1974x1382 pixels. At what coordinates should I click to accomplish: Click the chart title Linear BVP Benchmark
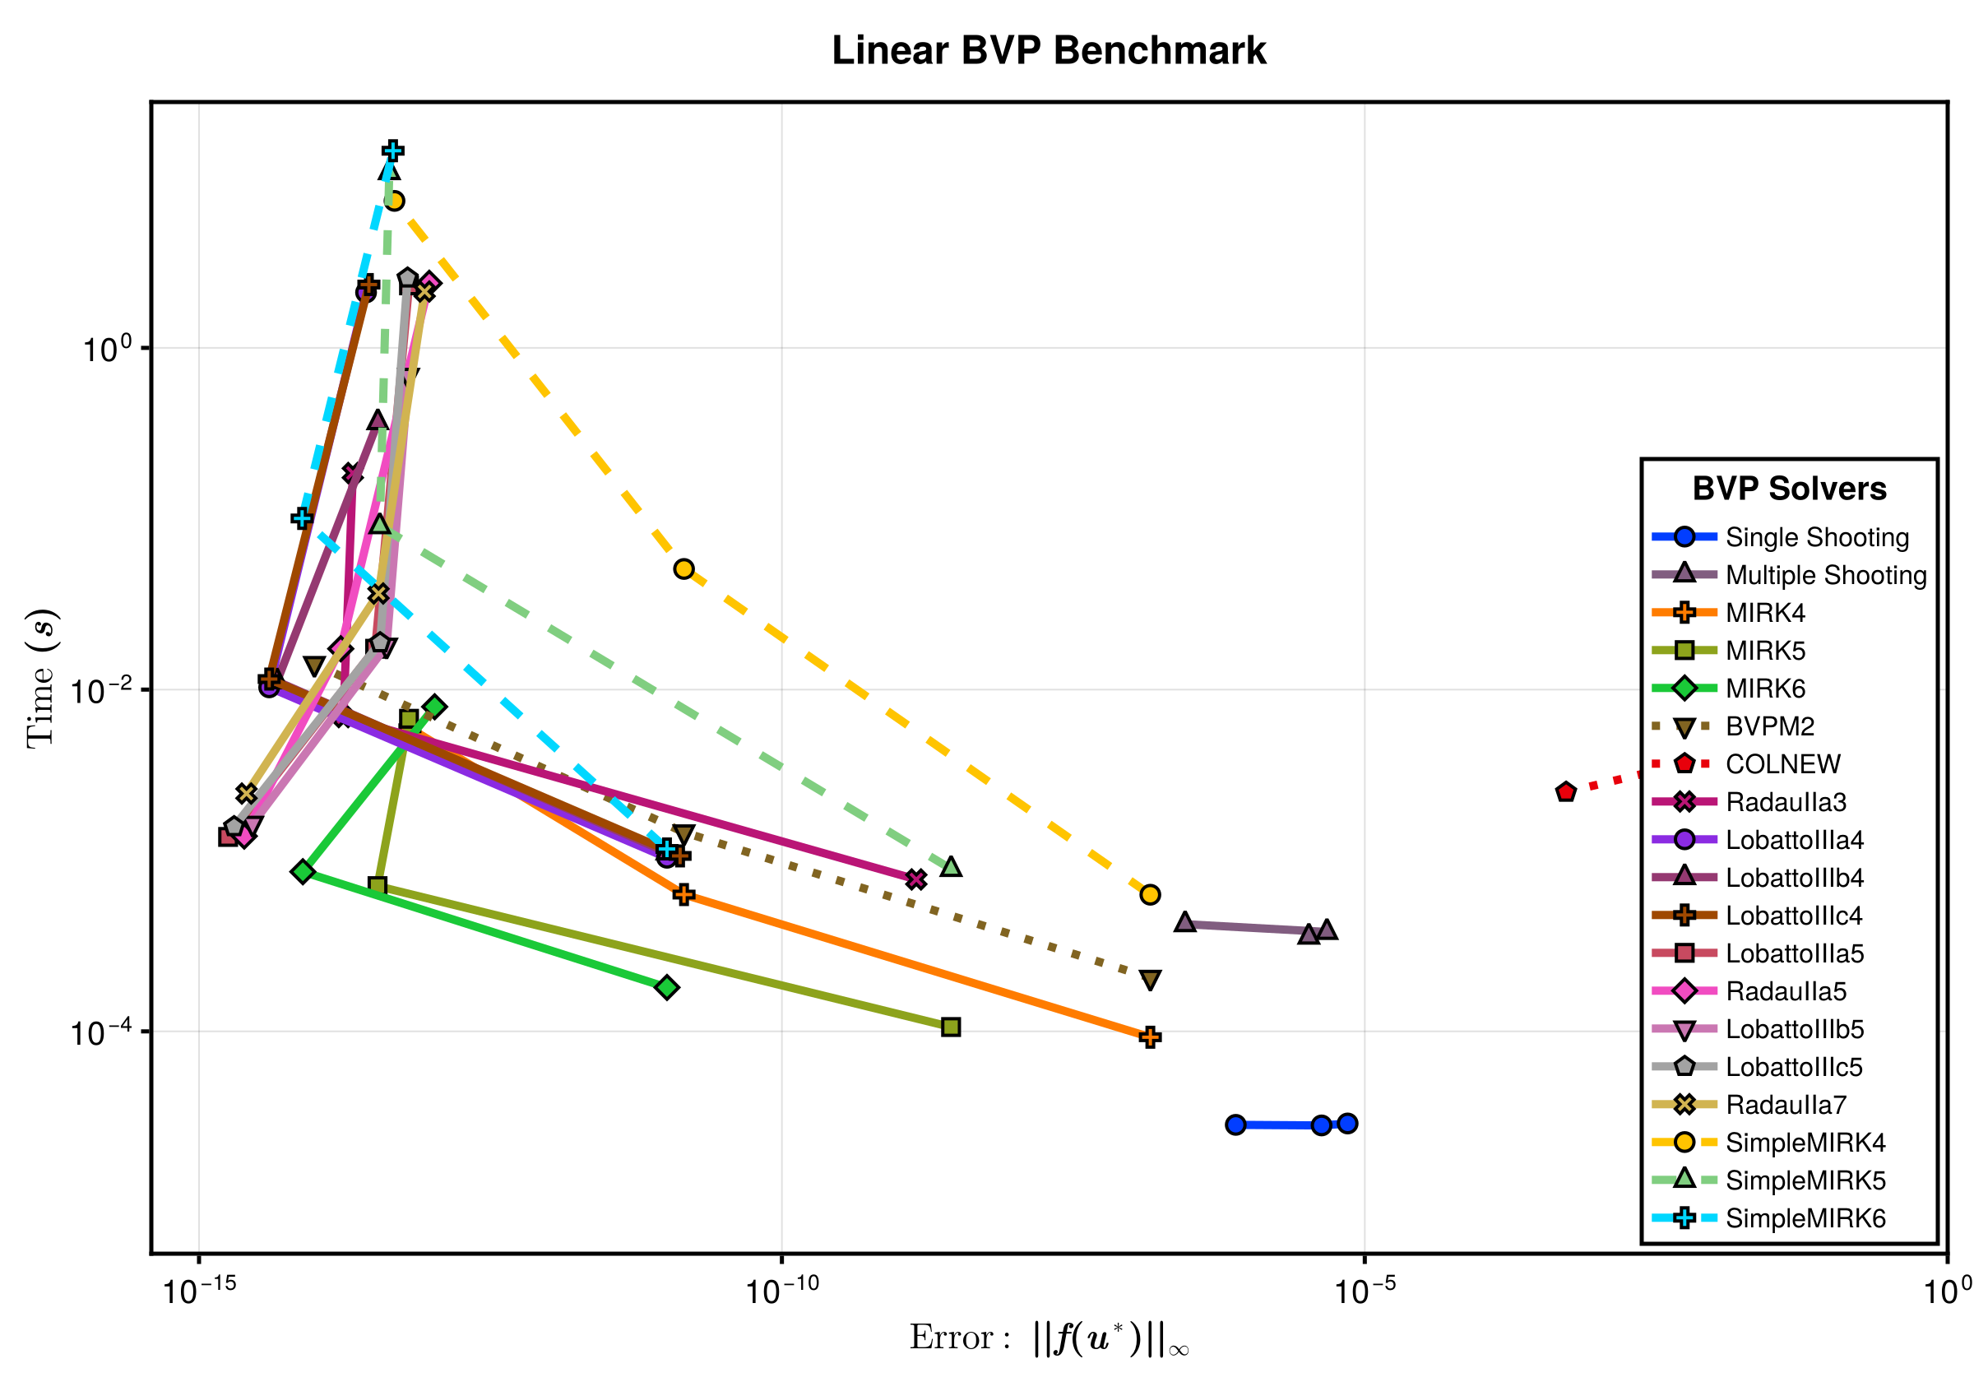point(1048,51)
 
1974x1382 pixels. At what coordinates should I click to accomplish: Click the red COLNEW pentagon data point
point(1565,792)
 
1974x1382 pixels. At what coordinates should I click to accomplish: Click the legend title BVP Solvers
point(1789,489)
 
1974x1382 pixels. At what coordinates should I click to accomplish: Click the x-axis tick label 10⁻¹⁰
point(781,1291)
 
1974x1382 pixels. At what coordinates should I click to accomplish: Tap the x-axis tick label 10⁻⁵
point(1365,1291)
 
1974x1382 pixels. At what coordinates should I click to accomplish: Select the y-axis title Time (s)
point(42,679)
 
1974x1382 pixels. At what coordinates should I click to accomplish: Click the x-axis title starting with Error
point(1049,1338)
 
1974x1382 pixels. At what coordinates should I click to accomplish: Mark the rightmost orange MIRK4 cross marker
point(1151,1037)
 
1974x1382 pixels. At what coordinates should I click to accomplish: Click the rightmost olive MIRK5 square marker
point(951,1027)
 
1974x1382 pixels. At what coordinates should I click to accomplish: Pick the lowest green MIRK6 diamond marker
point(666,987)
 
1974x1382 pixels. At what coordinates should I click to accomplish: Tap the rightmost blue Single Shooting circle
point(1347,1123)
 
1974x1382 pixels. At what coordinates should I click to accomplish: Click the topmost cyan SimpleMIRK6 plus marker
point(393,151)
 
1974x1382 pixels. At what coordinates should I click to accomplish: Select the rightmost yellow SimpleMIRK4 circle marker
point(1151,895)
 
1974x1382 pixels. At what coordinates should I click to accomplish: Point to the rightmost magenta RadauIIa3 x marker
point(915,879)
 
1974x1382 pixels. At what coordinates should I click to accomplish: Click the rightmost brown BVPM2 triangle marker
point(1151,980)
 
